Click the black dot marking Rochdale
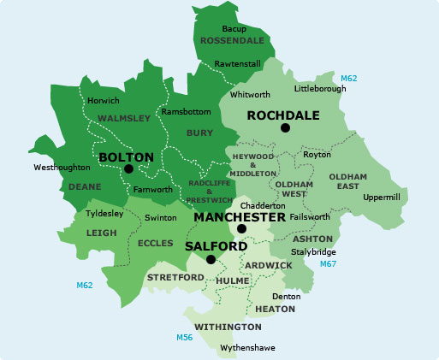pos(285,128)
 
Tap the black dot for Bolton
pos(128,169)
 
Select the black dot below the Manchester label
pos(242,229)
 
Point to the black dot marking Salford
pos(211,258)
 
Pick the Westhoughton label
pos(62,168)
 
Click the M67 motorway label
pos(327,264)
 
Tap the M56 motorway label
pos(184,338)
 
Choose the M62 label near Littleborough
pos(349,79)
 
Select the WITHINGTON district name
pos(228,328)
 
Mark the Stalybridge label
pos(314,252)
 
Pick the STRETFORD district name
pos(175,278)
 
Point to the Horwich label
pos(104,101)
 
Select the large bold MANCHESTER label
pos(240,217)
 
